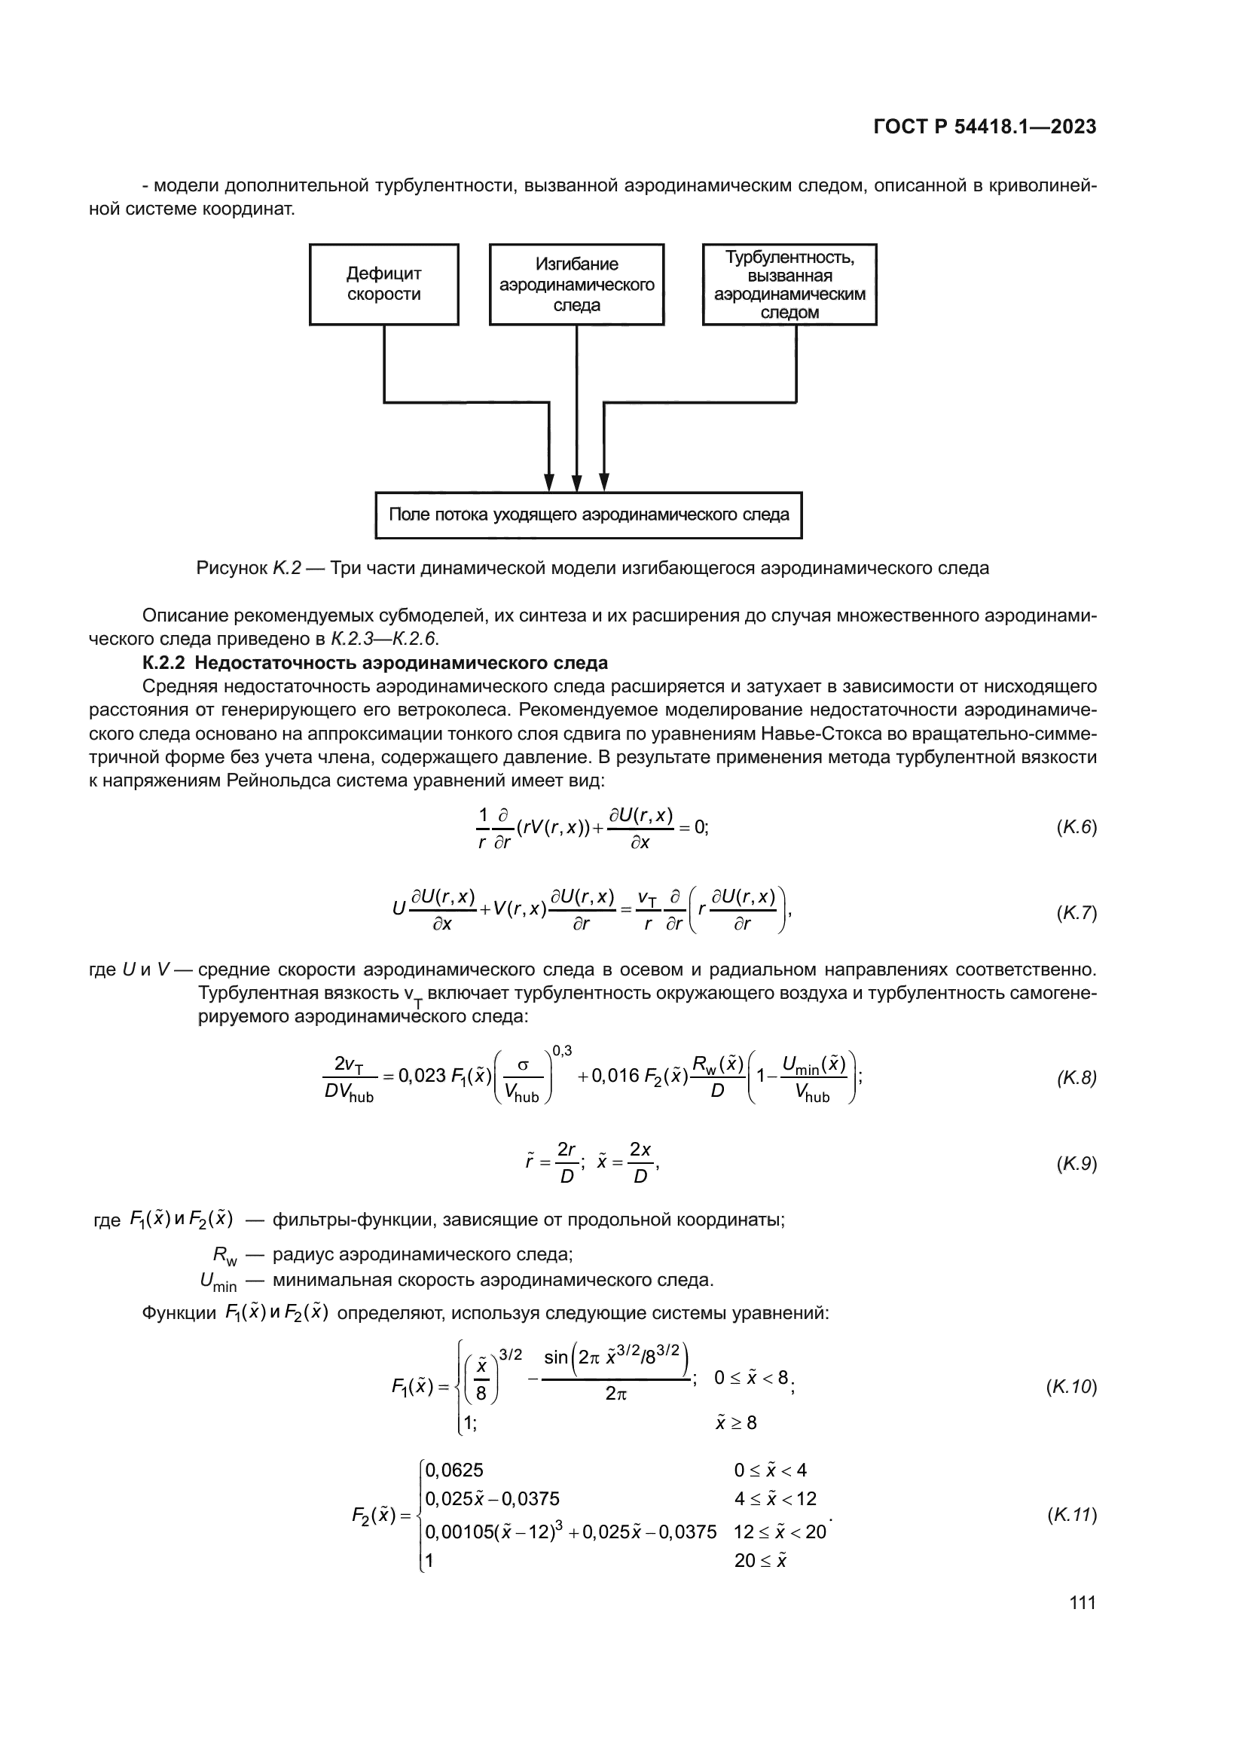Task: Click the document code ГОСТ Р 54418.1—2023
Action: click(x=985, y=127)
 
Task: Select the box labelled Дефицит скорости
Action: click(x=383, y=285)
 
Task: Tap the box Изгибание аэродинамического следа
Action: click(x=576, y=285)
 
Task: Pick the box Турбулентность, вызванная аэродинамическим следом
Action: click(x=789, y=285)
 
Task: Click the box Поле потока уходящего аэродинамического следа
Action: click(x=588, y=515)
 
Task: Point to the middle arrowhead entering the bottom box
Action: click(x=576, y=484)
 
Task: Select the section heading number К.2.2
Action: click(x=163, y=662)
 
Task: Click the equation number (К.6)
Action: click(x=1077, y=827)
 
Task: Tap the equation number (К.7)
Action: click(x=1077, y=913)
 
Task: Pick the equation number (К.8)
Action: click(x=1077, y=1077)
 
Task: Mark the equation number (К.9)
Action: click(x=1077, y=1163)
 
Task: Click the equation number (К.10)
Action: click(x=1072, y=1387)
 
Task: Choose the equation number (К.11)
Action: click(x=1072, y=1515)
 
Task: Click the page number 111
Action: click(x=1083, y=1602)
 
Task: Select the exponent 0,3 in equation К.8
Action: click(x=562, y=1051)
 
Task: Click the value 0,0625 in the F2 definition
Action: click(x=454, y=1470)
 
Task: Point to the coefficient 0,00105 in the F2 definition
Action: click(x=458, y=1531)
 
